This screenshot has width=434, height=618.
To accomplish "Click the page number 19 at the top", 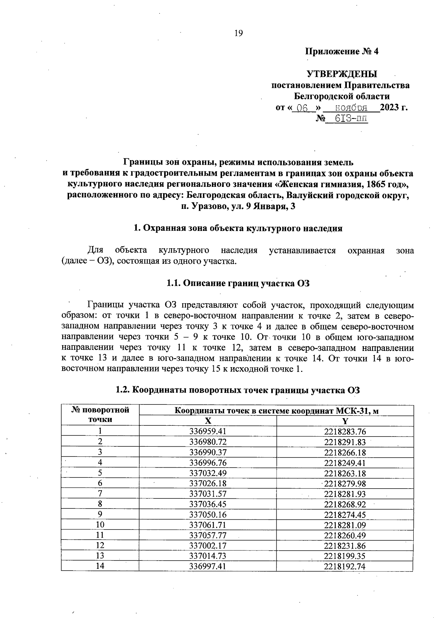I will pyautogui.click(x=239, y=33).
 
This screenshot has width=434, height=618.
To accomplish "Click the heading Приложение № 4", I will pyautogui.click(x=342, y=51).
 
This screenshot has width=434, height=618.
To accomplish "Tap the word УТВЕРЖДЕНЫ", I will pyautogui.click(x=342, y=74).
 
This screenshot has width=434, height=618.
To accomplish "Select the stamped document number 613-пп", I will pyautogui.click(x=350, y=119).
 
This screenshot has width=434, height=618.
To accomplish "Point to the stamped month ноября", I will pyautogui.click(x=351, y=107).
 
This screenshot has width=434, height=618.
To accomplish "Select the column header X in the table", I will pyautogui.click(x=208, y=421).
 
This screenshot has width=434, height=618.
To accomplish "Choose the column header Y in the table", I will pyautogui.click(x=345, y=421).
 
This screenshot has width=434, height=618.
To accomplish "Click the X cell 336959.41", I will pyautogui.click(x=208, y=431).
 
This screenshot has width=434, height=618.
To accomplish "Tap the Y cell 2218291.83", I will pyautogui.click(x=345, y=442).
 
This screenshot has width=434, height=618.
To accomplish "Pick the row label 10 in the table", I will pyautogui.click(x=100, y=524).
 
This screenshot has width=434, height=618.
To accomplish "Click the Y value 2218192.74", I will pyautogui.click(x=345, y=566).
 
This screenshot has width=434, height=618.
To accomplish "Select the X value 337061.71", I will pyautogui.click(x=208, y=524).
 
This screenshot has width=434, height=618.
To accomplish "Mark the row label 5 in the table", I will pyautogui.click(x=100, y=473).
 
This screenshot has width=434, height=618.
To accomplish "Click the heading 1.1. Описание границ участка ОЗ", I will pyautogui.click(x=238, y=283).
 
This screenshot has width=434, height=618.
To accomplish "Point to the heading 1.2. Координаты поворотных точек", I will pyautogui.click(x=238, y=390).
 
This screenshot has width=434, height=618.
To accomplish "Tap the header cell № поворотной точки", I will pyautogui.click(x=100, y=415).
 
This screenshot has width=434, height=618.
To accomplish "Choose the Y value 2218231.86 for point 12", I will pyautogui.click(x=345, y=545).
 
